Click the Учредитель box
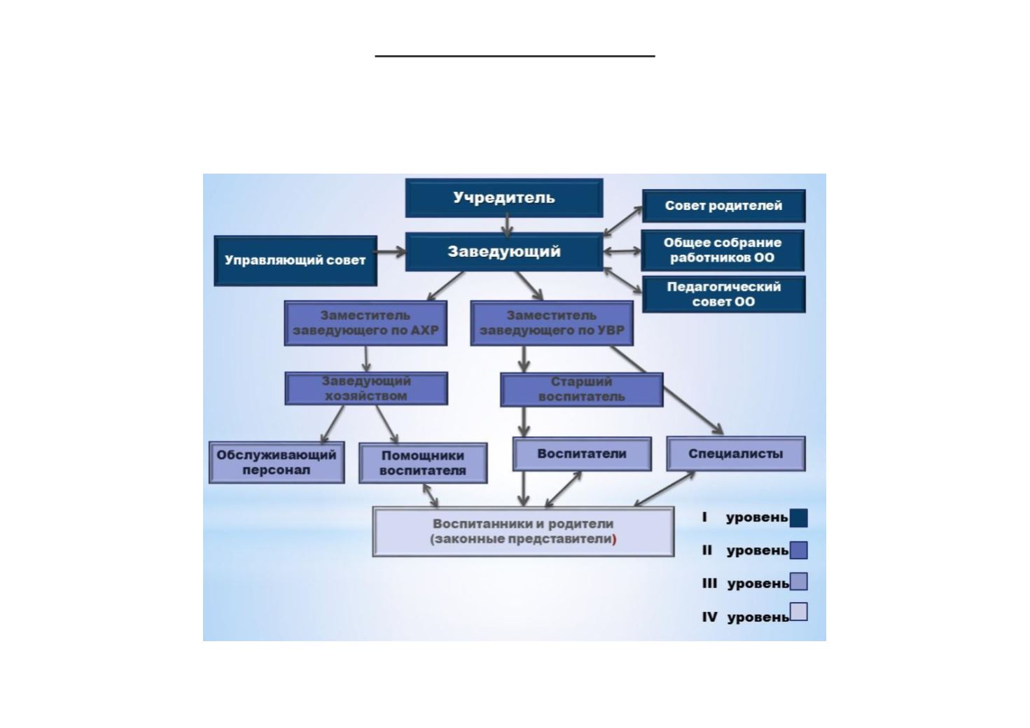click(x=504, y=198)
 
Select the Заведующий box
click(x=504, y=252)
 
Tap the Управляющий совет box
click(x=295, y=260)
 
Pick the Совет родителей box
click(x=723, y=206)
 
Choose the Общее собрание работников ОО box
click(x=723, y=250)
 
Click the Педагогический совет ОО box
click(x=723, y=294)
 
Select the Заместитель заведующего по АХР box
click(x=366, y=323)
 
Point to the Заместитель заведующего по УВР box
click(x=552, y=323)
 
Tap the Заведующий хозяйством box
click(x=366, y=388)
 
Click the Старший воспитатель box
click(x=581, y=389)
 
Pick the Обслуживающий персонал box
click(x=277, y=462)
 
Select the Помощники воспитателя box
click(x=423, y=463)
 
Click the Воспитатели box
click(x=582, y=454)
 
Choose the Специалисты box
click(x=735, y=454)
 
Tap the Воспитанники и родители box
click(x=523, y=531)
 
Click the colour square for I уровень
click(x=798, y=518)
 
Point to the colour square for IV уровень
click(x=798, y=612)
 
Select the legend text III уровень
click(x=745, y=583)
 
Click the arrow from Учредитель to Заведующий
click(x=507, y=225)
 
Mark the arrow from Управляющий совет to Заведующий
click(x=391, y=252)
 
